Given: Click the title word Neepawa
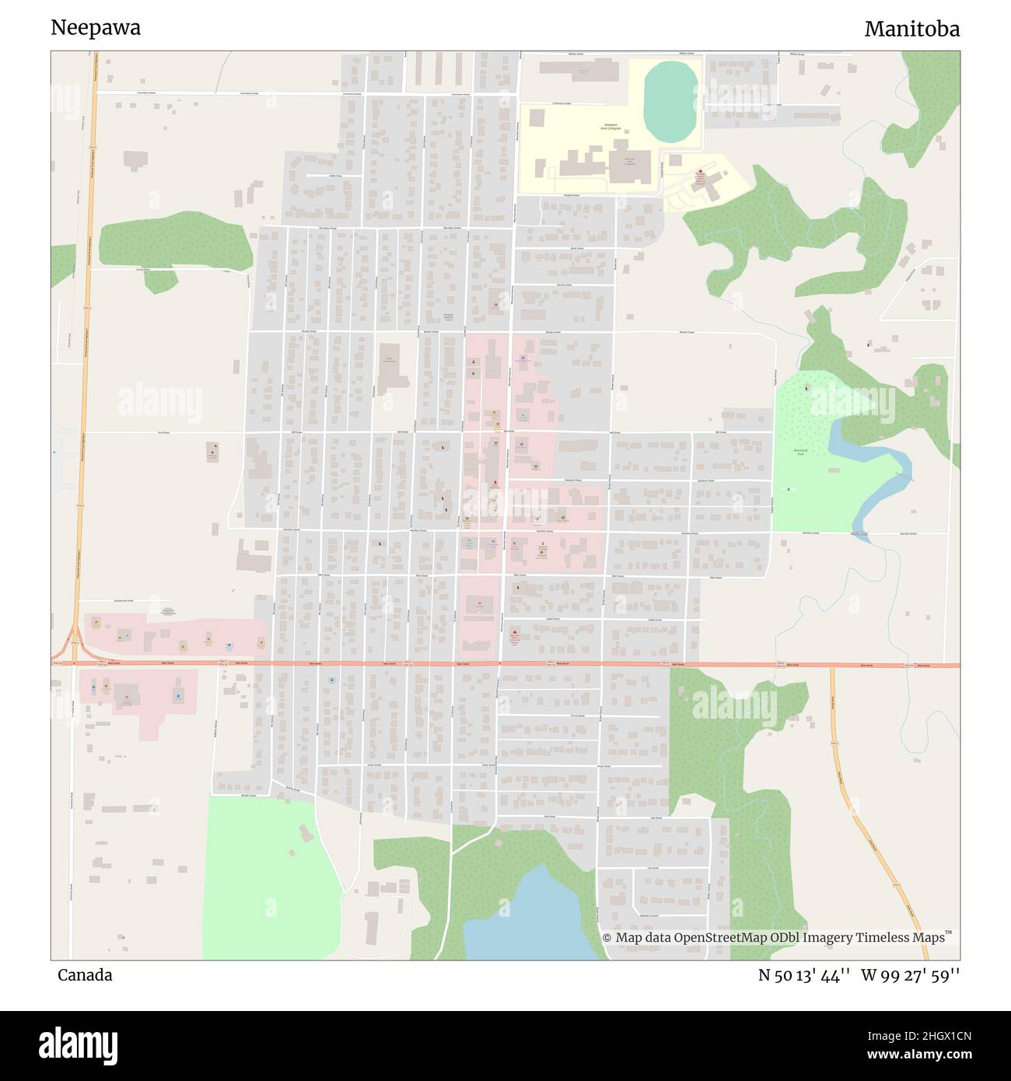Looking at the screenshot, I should pyautogui.click(x=96, y=28).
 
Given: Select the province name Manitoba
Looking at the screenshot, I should pyautogui.click(x=911, y=29).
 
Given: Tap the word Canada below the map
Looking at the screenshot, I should pyautogui.click(x=85, y=974).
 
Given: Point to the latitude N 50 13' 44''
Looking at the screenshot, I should pyautogui.click(x=804, y=975).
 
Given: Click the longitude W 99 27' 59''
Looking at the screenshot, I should pyautogui.click(x=910, y=975).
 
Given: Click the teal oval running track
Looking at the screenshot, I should pyautogui.click(x=671, y=102).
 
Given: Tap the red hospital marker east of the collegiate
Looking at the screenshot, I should pyautogui.click(x=698, y=173).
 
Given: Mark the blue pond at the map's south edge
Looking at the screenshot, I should pyautogui.click(x=533, y=918).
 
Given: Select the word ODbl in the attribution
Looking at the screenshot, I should pyautogui.click(x=790, y=938).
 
